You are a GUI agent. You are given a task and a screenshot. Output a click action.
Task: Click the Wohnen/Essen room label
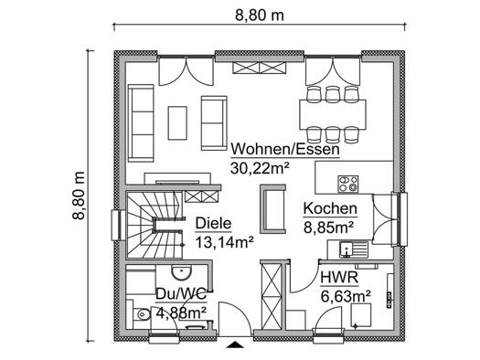(x=285, y=150)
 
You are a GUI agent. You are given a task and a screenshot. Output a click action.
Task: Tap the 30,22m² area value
(x=260, y=168)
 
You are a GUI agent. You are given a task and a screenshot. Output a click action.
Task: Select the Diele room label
(x=213, y=224)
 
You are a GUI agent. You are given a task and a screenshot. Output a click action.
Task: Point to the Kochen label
(x=330, y=209)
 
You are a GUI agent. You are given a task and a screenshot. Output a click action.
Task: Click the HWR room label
(x=339, y=278)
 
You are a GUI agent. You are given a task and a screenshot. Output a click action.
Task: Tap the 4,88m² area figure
(x=181, y=312)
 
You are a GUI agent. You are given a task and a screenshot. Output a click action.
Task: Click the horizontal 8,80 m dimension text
(x=260, y=16)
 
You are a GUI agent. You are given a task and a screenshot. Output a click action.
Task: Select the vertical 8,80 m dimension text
(x=79, y=196)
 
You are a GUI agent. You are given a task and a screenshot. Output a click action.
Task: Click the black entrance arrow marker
(x=235, y=344)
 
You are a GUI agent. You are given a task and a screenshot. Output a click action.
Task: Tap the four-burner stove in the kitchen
(x=348, y=185)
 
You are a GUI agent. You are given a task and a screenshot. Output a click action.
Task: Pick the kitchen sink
(x=353, y=249)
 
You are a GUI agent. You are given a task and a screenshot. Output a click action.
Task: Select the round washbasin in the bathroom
(x=181, y=272)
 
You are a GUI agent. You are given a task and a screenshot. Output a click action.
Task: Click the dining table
(x=333, y=115)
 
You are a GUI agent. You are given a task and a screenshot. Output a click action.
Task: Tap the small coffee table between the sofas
(x=177, y=123)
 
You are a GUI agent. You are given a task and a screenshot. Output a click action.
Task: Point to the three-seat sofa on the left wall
(x=141, y=123)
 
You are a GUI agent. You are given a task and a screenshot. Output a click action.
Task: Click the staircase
(x=155, y=226)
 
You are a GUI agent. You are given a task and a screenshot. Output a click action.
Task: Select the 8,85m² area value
(x=329, y=228)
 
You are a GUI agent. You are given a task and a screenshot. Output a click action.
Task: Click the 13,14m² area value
(x=224, y=242)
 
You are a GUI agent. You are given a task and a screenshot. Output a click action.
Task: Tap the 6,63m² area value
(x=346, y=296)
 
